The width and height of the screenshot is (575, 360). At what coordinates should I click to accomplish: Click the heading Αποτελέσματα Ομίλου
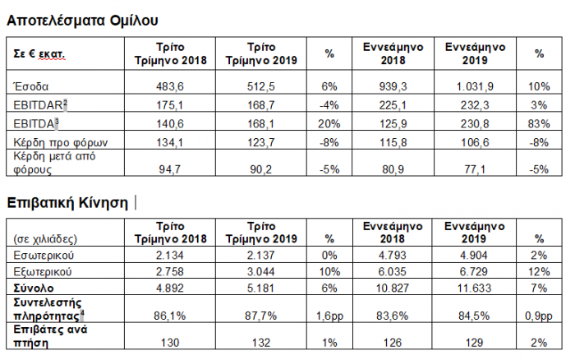point(82,21)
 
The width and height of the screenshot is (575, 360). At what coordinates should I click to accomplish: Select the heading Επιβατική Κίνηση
point(67,202)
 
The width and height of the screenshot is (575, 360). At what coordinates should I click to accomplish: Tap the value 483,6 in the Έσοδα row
point(170,86)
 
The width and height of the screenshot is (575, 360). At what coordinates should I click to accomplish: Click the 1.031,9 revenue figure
point(475,86)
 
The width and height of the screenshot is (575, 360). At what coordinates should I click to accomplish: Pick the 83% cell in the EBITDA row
point(539,123)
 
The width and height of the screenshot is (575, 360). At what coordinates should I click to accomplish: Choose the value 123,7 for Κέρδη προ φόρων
point(260,142)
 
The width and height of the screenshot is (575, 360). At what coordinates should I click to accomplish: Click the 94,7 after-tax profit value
point(169,169)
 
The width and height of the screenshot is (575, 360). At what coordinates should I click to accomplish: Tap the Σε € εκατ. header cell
point(39,54)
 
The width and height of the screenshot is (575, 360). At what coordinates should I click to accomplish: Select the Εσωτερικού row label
point(44,255)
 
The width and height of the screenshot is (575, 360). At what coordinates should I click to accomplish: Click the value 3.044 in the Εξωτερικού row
point(260,271)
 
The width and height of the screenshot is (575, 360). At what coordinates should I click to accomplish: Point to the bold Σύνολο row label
point(34,288)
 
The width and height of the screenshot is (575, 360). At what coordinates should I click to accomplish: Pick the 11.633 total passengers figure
point(474,288)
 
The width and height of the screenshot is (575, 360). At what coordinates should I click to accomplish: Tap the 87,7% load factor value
point(260,316)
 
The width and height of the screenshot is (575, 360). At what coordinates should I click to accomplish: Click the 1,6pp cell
point(329,316)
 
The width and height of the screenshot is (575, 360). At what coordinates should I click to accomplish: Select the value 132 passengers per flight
point(260,343)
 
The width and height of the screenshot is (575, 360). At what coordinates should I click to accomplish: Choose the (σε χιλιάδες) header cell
point(45,239)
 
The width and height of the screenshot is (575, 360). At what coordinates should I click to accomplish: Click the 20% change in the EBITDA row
point(329,123)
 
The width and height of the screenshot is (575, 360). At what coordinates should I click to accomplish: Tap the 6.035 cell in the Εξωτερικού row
point(393,271)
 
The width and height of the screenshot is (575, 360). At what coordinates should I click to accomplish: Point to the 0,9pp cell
point(538,316)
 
